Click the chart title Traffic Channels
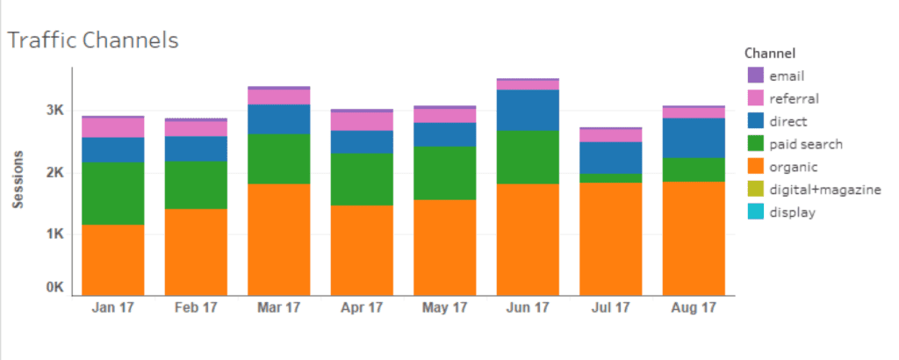point(93,40)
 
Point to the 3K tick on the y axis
point(55,111)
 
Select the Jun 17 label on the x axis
point(528,308)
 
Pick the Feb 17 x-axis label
point(196,308)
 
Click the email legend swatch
point(755,76)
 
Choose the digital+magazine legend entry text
point(824,190)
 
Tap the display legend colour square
point(755,212)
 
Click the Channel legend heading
point(768,53)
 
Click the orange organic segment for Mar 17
point(279,239)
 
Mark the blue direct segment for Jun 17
point(528,110)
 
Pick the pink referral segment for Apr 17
point(362,121)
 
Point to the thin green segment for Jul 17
point(611,177)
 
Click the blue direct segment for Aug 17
point(694,138)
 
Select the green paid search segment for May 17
point(445,173)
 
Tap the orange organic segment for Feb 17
point(196,251)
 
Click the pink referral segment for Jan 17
point(112,127)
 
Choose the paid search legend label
point(806,144)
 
